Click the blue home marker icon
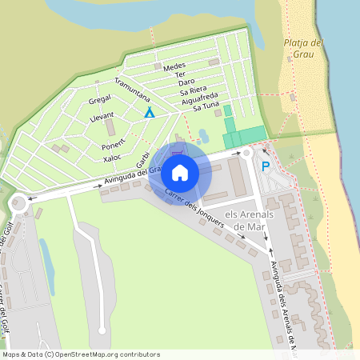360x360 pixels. point(180,173)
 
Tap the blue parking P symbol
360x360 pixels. point(266,166)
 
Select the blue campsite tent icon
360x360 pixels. point(149,113)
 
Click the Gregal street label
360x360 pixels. point(100,99)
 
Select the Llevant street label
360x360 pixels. point(102,117)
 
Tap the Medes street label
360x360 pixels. point(174,67)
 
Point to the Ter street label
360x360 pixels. point(179,74)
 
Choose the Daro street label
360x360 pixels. point(186,82)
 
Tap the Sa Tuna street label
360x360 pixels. point(200,106)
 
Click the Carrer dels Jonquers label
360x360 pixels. point(194,208)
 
